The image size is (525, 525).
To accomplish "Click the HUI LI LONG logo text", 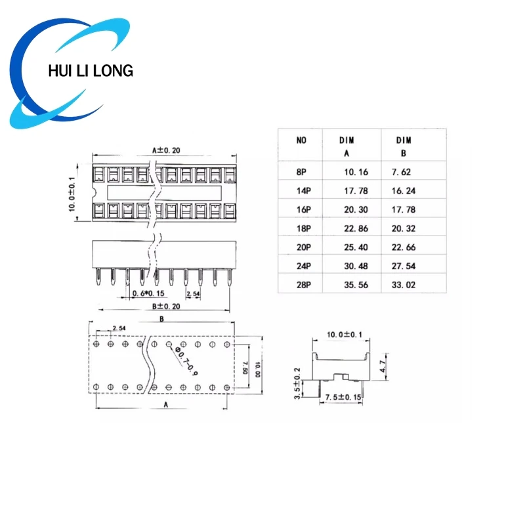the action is (x=91, y=71).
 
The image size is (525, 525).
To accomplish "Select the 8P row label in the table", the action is (x=301, y=172).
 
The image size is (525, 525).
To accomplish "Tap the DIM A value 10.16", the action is (x=356, y=172).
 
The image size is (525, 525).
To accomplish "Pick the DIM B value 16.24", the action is (x=404, y=191).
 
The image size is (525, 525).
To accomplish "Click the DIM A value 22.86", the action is (x=356, y=228).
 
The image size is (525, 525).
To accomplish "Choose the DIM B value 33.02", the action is (x=404, y=285).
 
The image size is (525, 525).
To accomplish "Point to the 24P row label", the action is (x=304, y=266).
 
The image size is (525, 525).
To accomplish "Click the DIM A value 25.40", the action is (x=356, y=247).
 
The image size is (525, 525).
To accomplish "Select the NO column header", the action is (x=301, y=140).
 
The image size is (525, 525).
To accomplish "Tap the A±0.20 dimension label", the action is (x=166, y=150).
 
